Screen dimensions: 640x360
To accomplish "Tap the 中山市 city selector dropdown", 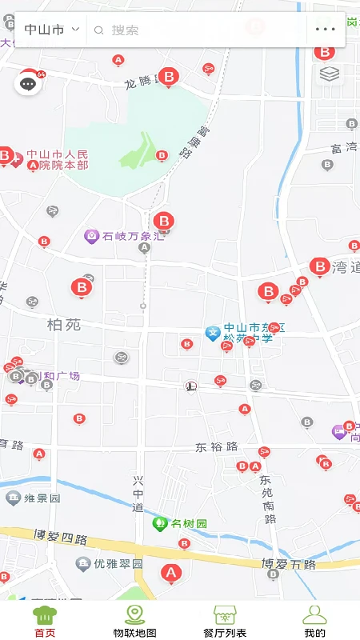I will [x=51, y=30].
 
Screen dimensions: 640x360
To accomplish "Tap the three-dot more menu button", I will [x=326, y=30].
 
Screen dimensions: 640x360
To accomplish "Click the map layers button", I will [x=330, y=74].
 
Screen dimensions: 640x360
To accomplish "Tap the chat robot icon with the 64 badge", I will [x=28, y=82].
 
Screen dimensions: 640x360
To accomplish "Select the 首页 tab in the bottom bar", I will [x=45, y=621].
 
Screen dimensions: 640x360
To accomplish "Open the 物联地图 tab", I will [x=134, y=621].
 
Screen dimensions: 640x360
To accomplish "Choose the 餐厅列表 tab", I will [x=225, y=621].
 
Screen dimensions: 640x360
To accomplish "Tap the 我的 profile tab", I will [x=314, y=621].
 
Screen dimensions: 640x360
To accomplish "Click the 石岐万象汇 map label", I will [x=133, y=236].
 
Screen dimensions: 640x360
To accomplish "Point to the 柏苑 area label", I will [x=64, y=325].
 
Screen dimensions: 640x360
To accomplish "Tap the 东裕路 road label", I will [x=217, y=446].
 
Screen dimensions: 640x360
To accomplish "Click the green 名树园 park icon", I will [x=159, y=524].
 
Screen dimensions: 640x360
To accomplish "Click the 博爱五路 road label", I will [x=289, y=564].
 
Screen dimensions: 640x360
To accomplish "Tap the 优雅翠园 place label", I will [x=118, y=563].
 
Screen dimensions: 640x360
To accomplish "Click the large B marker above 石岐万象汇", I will [x=163, y=221].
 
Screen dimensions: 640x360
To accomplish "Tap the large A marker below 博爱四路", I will [x=170, y=572].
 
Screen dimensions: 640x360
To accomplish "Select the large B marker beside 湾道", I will [x=319, y=266].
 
